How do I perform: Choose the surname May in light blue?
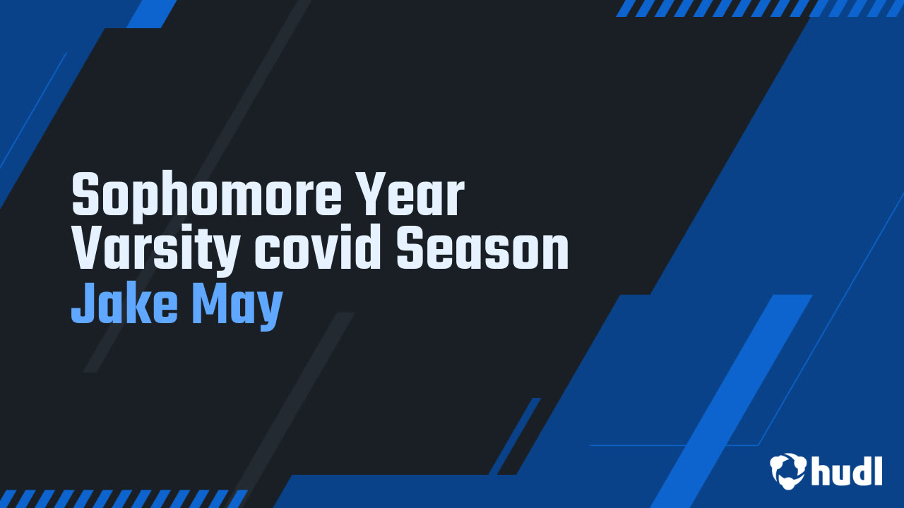coord(237,307)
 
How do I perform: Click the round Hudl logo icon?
coord(787,471)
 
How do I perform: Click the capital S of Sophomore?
coord(85,194)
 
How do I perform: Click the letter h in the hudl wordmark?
coord(821,471)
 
